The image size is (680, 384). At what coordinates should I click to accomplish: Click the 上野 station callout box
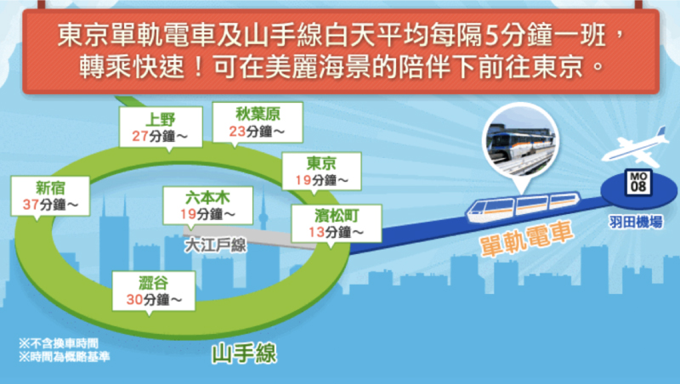(x=161, y=127)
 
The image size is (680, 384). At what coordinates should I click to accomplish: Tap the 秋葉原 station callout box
(x=258, y=122)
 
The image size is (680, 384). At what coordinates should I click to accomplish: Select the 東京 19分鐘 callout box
(x=321, y=172)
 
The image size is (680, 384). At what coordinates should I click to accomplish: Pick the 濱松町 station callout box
(x=337, y=223)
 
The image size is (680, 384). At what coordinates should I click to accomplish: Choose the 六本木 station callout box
(x=207, y=206)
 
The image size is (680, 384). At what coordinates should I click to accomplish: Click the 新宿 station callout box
(x=50, y=196)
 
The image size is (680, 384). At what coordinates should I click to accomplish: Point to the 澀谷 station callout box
(x=154, y=291)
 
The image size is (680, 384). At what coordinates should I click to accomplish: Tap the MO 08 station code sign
(x=638, y=182)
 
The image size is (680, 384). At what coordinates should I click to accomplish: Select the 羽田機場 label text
(x=636, y=223)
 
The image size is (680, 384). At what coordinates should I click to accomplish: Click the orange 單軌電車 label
(x=526, y=240)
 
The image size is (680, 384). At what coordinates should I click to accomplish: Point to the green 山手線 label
(x=244, y=353)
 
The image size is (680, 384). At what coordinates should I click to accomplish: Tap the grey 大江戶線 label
(x=216, y=246)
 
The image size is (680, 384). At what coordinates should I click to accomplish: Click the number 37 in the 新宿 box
(x=31, y=204)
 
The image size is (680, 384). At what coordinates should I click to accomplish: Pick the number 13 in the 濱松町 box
(x=316, y=232)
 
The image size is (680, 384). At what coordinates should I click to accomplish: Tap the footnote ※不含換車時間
(x=59, y=344)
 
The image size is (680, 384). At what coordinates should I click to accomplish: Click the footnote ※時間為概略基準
(x=65, y=357)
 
